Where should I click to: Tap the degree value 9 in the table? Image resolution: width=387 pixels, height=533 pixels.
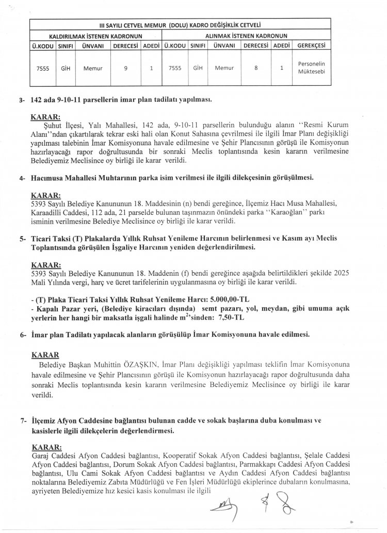[126, 68]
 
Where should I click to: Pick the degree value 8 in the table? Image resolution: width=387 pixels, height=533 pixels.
[256, 68]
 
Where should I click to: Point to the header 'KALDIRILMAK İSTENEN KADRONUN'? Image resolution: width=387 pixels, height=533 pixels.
[95, 36]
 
